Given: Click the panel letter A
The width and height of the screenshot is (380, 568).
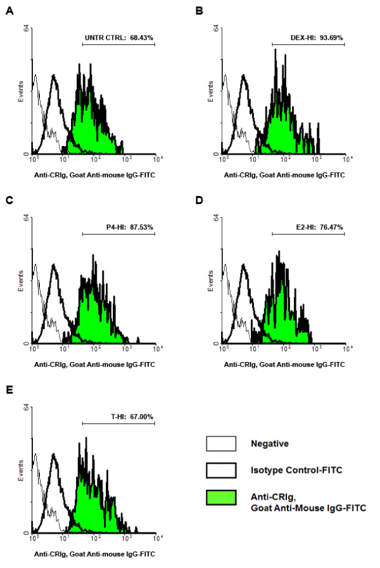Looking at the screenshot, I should [x=9, y=11].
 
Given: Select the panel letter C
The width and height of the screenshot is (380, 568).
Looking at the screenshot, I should [x=9, y=200].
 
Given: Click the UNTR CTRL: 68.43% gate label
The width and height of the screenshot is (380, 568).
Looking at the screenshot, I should [x=119, y=38].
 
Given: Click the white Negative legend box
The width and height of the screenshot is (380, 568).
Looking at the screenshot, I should [x=222, y=443].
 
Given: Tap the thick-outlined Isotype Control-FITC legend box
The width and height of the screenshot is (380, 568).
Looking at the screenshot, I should [x=222, y=470].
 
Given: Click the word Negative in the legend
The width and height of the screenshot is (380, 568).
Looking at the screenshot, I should [x=269, y=444].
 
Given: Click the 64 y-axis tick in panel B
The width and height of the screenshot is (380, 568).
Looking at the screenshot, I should [x=215, y=28].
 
